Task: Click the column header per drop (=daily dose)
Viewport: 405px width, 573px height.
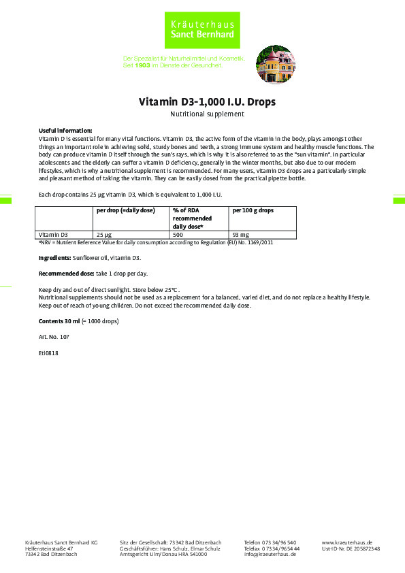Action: point(126,210)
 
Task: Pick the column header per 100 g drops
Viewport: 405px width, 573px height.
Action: point(253,210)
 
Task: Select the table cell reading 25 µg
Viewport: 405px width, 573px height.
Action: point(104,234)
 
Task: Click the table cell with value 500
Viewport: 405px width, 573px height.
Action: point(179,234)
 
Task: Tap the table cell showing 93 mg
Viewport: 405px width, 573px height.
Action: point(240,234)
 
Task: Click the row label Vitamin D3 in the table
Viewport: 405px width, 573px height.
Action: point(54,234)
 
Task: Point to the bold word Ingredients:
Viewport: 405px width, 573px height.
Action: point(55,259)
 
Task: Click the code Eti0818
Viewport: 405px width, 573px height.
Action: point(49,353)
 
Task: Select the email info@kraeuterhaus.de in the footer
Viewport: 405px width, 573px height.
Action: point(270,555)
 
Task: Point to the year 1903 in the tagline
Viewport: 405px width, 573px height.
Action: point(142,65)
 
